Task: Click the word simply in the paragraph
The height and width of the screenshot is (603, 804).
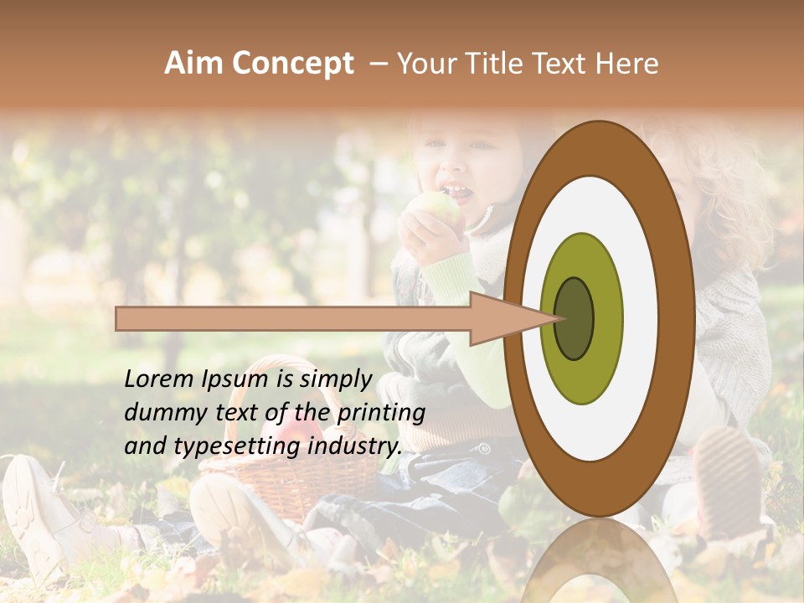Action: tap(335, 380)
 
